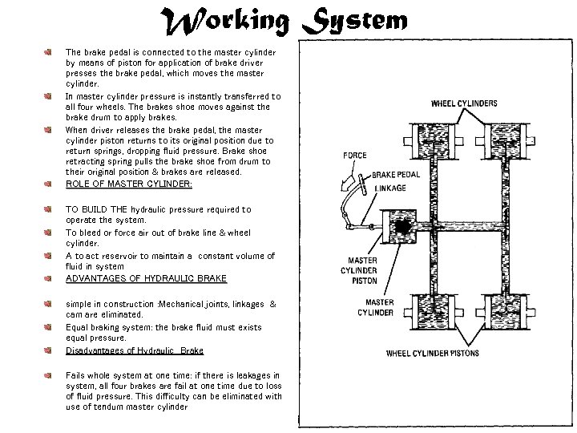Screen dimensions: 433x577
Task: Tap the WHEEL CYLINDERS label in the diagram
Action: pos(463,103)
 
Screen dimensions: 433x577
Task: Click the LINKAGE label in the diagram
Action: pos(390,188)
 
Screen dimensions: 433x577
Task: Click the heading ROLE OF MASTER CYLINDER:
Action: pos(128,184)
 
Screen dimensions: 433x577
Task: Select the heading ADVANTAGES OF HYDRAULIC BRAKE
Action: pos(146,278)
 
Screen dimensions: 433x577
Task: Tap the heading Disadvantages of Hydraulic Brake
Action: pos(134,350)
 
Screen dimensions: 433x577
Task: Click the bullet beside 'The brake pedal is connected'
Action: pos(48,51)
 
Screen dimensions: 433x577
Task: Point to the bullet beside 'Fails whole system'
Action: pos(48,375)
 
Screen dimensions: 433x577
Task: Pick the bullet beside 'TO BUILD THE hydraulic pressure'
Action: pos(48,209)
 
